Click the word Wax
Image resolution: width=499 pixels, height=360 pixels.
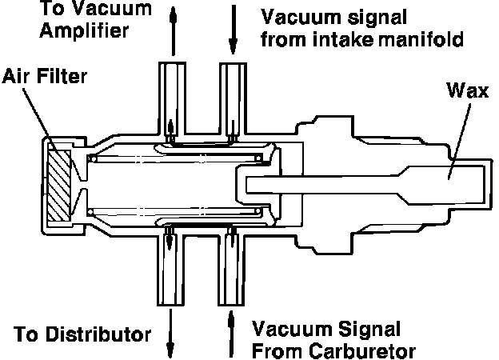coord(468,90)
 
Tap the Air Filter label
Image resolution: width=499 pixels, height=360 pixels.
coord(45,76)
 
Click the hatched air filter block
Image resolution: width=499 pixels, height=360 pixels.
coord(59,186)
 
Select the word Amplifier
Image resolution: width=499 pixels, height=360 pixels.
coord(84,30)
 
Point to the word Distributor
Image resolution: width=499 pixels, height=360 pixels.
coord(98,335)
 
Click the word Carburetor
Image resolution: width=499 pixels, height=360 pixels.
coord(362,351)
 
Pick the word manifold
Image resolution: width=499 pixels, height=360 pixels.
coord(421,39)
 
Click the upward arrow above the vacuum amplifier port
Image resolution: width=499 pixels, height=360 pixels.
coord(173,30)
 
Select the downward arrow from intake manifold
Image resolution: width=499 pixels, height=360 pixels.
coord(234,30)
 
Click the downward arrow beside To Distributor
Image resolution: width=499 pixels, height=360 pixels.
coord(170,334)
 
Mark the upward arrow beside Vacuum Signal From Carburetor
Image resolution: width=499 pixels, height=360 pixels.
coord(231,334)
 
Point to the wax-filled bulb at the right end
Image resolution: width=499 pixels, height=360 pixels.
coord(445,185)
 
